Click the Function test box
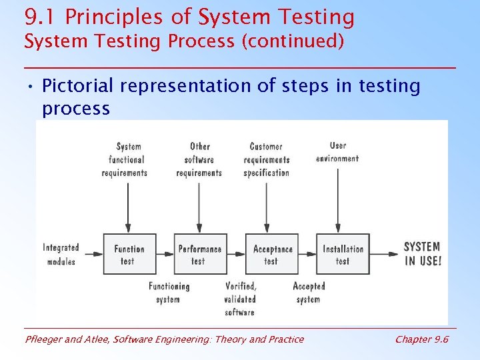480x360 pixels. pos(129,254)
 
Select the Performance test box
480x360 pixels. pos(200,254)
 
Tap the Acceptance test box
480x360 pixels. pos(272,254)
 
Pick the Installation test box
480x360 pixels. pos(343,254)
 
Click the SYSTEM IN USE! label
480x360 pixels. pos(423,253)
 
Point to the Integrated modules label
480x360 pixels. pos(61,254)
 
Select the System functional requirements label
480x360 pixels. pos(125,159)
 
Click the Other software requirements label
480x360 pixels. pos(199,159)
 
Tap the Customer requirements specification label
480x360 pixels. pos(266,159)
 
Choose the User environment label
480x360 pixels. pos(337,152)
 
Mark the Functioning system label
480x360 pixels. pos(169,293)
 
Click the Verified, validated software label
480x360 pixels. pos(240,299)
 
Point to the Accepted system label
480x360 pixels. pos(309,293)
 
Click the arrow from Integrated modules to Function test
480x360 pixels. pos(93,254)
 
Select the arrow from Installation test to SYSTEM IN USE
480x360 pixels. pos(384,254)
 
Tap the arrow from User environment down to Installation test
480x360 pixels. pos(338,200)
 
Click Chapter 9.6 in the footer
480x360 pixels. pos(422,339)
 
